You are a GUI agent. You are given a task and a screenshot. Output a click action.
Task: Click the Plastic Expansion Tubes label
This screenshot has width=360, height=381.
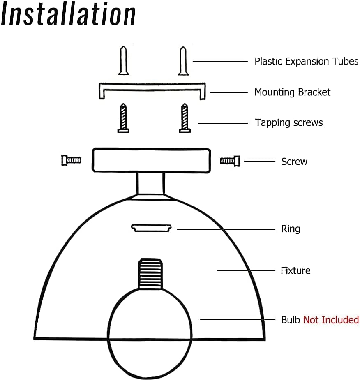pyautogui.click(x=306, y=62)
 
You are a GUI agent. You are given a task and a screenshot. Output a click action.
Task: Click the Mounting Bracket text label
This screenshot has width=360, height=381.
pyautogui.click(x=292, y=92)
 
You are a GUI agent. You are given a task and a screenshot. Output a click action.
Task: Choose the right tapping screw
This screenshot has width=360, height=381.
pyautogui.click(x=185, y=118)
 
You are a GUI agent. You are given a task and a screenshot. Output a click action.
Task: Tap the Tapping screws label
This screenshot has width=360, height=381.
pyautogui.click(x=289, y=122)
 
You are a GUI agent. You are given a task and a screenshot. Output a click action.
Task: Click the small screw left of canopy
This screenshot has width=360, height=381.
pyautogui.click(x=71, y=160)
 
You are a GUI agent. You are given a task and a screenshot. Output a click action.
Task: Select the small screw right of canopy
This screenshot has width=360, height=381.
pyautogui.click(x=230, y=160)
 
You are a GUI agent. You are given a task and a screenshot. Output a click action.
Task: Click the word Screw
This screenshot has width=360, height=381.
pyautogui.click(x=294, y=162)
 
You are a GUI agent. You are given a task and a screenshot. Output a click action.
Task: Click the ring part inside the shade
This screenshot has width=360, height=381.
pyautogui.click(x=151, y=227)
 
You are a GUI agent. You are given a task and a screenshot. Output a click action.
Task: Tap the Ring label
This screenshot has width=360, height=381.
pyautogui.click(x=291, y=229)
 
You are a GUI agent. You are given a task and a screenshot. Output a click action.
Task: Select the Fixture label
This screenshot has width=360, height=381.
pyautogui.click(x=295, y=270)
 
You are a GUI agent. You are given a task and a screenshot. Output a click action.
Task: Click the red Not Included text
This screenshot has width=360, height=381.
pyautogui.click(x=331, y=320)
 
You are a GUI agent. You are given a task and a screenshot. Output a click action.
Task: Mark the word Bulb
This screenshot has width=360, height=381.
pyautogui.click(x=291, y=320)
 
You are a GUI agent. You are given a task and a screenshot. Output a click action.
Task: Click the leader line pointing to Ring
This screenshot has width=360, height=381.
pyautogui.click(x=226, y=229)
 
